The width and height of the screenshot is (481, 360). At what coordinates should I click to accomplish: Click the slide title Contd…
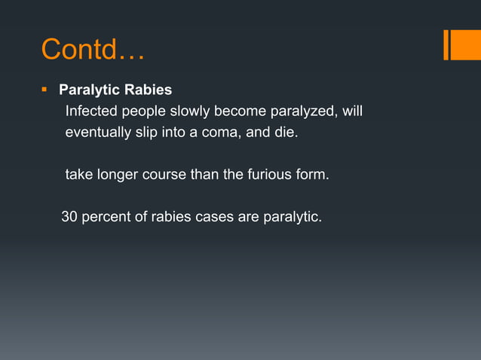click(x=93, y=50)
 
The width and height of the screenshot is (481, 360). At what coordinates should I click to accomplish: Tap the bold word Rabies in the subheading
click(x=149, y=90)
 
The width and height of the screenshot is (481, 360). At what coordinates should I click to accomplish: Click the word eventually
click(x=98, y=133)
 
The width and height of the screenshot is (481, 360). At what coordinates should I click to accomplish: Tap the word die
click(x=286, y=133)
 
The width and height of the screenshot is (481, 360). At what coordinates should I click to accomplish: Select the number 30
click(x=69, y=218)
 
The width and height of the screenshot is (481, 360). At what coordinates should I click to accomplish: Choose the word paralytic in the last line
click(x=293, y=218)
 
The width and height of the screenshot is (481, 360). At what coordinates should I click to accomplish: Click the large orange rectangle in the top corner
click(x=461, y=45)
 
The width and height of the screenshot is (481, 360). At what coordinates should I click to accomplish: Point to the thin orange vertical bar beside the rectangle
click(x=446, y=45)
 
